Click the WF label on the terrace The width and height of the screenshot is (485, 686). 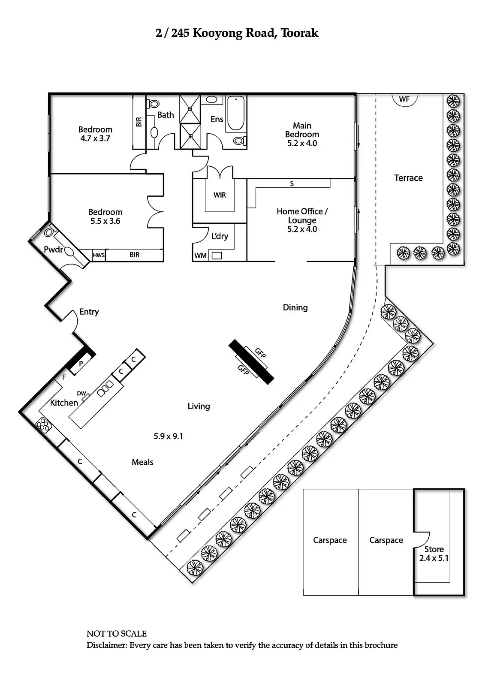pos(404,99)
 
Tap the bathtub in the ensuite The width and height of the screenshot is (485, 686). pos(235,113)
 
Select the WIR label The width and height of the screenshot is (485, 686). pos(220,195)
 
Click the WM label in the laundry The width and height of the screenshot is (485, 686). pos(200,256)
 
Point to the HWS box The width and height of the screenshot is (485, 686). pos(99,255)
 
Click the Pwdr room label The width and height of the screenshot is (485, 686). pos(53,250)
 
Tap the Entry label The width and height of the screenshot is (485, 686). pos(89,312)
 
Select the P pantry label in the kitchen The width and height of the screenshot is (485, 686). pos(81,364)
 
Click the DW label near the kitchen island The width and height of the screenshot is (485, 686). pos(81,393)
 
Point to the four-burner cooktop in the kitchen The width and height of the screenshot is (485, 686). pos(43,424)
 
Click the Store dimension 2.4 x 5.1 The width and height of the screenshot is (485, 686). pos(434,558)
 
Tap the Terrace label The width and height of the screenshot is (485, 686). pos(408,178)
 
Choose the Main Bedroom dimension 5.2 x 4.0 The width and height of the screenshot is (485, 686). pos(302,143)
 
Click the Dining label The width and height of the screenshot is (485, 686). pos(295,307)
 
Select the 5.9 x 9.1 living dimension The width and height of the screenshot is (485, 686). pos(168,436)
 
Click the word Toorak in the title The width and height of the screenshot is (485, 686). pos(299,33)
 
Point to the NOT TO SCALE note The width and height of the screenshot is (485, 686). pos(117,634)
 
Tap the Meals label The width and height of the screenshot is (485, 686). pos(142,462)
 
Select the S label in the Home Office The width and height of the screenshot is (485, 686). pos(292,184)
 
